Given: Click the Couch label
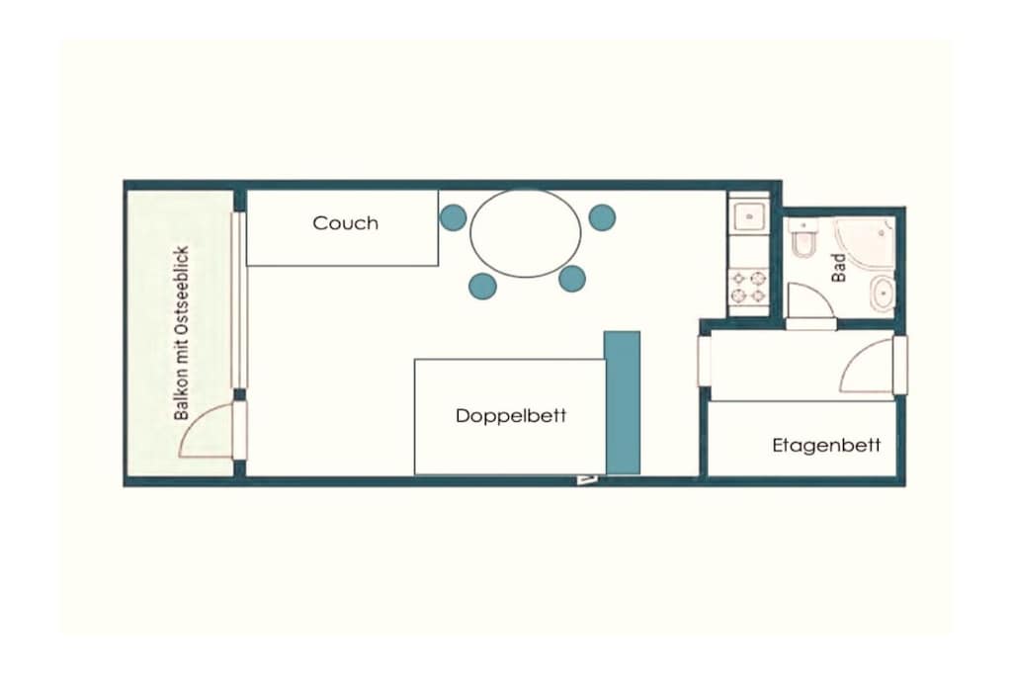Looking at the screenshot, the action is pos(345,223).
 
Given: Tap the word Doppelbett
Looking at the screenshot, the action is pos(511,416).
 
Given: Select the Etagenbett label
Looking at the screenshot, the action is pos(826,446).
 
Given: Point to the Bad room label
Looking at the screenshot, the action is pos(838,267).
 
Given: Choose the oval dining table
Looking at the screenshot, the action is pos(526,232).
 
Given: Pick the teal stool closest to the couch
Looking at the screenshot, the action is pos(453,217).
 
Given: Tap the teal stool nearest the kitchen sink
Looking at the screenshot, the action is pos(602,217).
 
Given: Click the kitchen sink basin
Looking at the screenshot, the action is pos(749,216).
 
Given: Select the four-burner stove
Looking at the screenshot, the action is pos(749,288).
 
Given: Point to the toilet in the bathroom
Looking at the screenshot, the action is pos(804,239).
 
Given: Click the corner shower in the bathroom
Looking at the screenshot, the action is pos(865,243).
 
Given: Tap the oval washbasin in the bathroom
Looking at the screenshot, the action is pos(882,295).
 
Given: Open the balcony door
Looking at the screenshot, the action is pos(206,430).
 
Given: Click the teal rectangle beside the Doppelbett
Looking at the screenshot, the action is pos(623,402).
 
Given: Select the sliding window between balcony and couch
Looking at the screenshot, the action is pos(239,300).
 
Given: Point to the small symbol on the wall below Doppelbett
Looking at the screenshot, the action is pos(587,478).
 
